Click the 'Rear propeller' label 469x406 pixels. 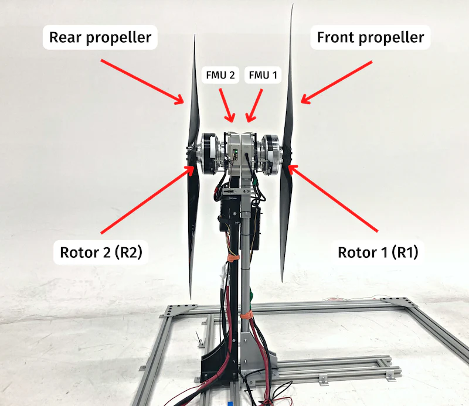100,39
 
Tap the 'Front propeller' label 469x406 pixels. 370,39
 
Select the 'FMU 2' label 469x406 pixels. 220,75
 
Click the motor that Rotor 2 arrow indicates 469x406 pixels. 209,153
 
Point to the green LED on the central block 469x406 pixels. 235,155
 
